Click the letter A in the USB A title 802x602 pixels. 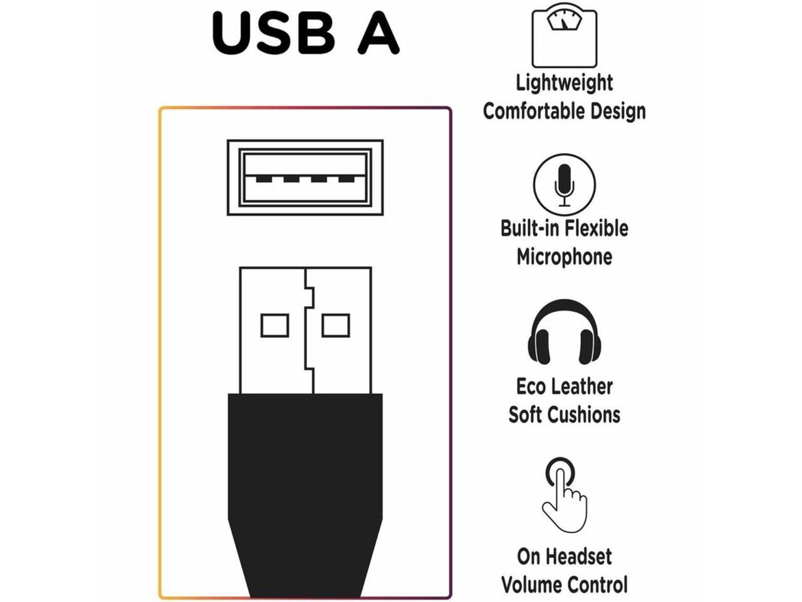coord(378,33)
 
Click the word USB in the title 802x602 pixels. coord(274,33)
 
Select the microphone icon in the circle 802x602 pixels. coord(564,184)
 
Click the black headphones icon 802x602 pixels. coord(564,332)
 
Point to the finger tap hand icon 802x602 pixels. coord(565,495)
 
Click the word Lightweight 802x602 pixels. coord(564,83)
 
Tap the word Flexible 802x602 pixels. coord(596,228)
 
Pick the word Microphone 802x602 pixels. coord(564,256)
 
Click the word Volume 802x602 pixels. coord(530,584)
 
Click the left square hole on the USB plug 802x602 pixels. coord(274,325)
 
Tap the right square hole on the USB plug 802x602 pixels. coord(335,325)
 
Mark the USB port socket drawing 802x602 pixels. coord(305,177)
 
